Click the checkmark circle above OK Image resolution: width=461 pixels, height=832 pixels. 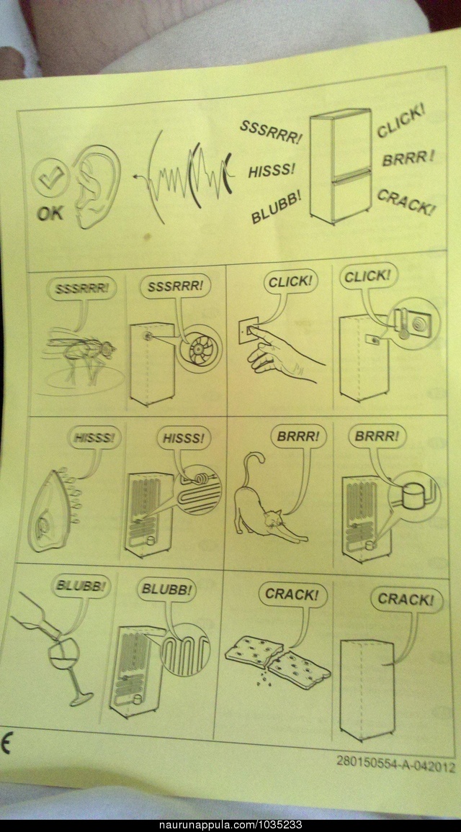50,178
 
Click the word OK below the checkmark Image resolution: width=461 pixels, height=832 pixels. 50,213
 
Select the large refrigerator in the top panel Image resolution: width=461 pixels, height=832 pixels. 341,166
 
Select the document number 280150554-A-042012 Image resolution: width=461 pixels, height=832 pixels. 395,766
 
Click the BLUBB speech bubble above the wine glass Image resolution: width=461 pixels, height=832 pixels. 81,587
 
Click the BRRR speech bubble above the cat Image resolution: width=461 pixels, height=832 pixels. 298,437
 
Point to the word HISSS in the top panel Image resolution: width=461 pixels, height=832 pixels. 271,171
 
